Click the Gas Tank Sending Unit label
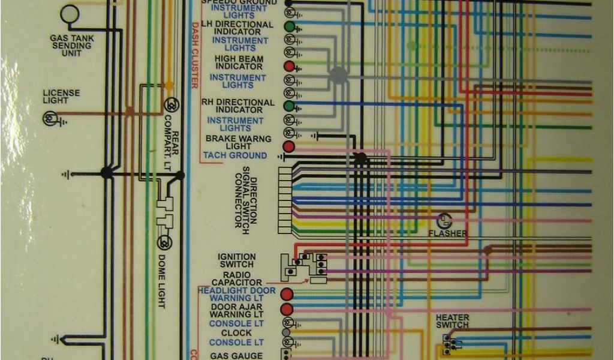tap(71, 46)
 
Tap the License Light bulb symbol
tap(49, 119)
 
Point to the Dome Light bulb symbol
tap(164, 242)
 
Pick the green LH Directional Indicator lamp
tap(289, 27)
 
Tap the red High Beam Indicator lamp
tap(289, 66)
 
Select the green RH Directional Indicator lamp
tap(289, 106)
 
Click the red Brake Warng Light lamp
tap(289, 146)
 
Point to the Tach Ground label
tap(235, 155)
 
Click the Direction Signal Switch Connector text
tap(246, 201)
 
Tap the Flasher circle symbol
tap(443, 221)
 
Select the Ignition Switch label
tap(237, 260)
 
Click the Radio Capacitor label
tap(237, 278)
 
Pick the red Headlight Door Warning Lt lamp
tap(287, 295)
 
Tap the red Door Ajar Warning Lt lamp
tap(287, 310)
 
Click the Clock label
tap(236, 333)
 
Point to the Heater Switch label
tap(452, 321)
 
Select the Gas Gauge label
tap(236, 356)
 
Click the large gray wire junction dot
tap(338, 74)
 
